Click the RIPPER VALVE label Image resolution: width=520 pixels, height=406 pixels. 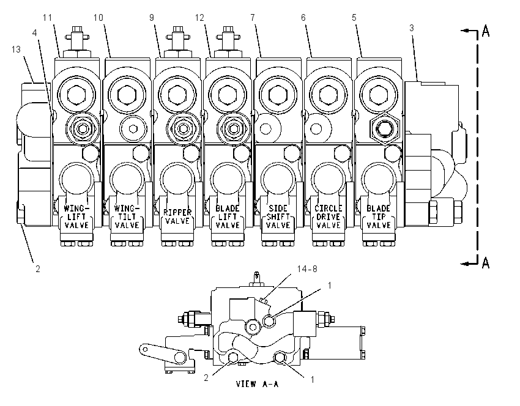pyautogui.click(x=177, y=216)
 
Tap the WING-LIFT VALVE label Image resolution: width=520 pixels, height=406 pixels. pyautogui.click(x=76, y=216)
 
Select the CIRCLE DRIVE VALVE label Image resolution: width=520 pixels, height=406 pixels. pyautogui.click(x=328, y=216)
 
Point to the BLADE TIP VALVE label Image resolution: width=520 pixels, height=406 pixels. pyautogui.click(x=379, y=216)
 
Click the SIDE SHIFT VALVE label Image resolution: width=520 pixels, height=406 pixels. pyautogui.click(x=278, y=216)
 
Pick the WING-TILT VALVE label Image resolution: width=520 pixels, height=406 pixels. pyautogui.click(x=127, y=216)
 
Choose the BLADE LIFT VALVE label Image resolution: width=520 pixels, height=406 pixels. pyautogui.click(x=228, y=216)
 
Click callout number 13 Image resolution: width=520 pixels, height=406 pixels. pyautogui.click(x=16, y=50)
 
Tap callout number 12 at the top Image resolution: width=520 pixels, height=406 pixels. pyautogui.click(x=199, y=18)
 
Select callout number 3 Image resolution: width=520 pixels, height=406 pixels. pyautogui.click(x=412, y=28)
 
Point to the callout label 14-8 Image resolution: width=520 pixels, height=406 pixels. pyautogui.click(x=307, y=268)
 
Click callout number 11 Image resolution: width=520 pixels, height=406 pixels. pyautogui.click(x=48, y=18)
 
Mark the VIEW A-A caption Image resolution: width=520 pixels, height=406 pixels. pyautogui.click(x=258, y=384)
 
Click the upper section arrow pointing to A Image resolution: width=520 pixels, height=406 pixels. pyautogui.click(x=469, y=31)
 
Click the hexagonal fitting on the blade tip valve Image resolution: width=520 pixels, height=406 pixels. pyautogui.click(x=385, y=128)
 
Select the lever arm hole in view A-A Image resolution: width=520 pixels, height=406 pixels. pyautogui.click(x=144, y=349)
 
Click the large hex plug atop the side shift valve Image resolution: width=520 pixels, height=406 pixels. pyautogui.click(x=278, y=94)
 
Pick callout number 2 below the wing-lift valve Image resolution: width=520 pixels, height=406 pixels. pyautogui.click(x=38, y=268)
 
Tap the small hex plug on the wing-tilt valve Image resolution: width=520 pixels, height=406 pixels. pyautogui.click(x=133, y=128)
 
